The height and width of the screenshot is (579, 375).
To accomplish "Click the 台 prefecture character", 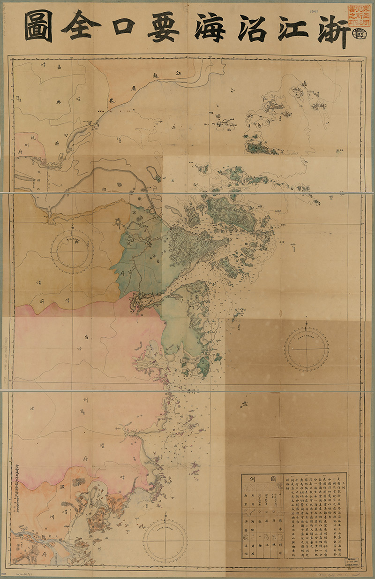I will [x=86, y=336].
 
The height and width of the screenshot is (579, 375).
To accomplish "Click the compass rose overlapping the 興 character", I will [x=72, y=249].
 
